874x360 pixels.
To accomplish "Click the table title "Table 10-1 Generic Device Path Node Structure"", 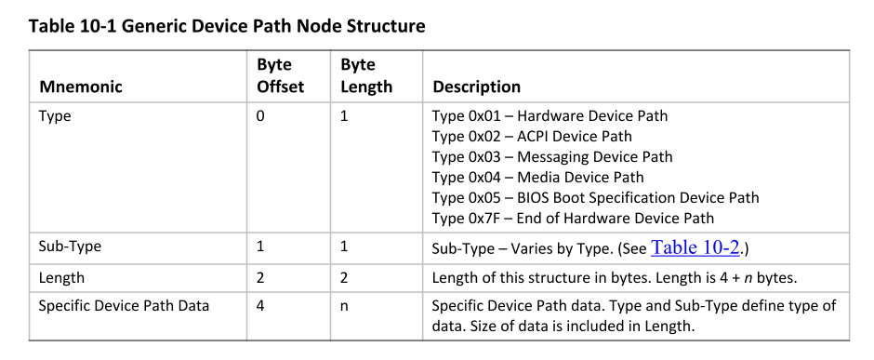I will pyautogui.click(x=227, y=26).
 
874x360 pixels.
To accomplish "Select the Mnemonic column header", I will pyautogui.click(x=81, y=87).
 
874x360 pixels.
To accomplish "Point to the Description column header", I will pyautogui.click(x=476, y=87).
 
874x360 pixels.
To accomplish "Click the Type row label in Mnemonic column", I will pyautogui.click(x=54, y=116).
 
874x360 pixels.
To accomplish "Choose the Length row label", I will pyautogui.click(x=60, y=277).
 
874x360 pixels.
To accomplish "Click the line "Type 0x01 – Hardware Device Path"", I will pyautogui.click(x=550, y=116).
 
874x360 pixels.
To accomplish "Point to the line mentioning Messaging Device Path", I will pyautogui.click(x=552, y=157).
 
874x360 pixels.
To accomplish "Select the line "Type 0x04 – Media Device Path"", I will pyautogui.click(x=537, y=177).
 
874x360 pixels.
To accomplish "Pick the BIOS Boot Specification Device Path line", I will pyautogui.click(x=595, y=197).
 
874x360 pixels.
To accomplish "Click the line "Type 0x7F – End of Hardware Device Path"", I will pyautogui.click(x=573, y=218).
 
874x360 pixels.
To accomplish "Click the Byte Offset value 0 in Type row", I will pyautogui.click(x=259, y=116).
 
